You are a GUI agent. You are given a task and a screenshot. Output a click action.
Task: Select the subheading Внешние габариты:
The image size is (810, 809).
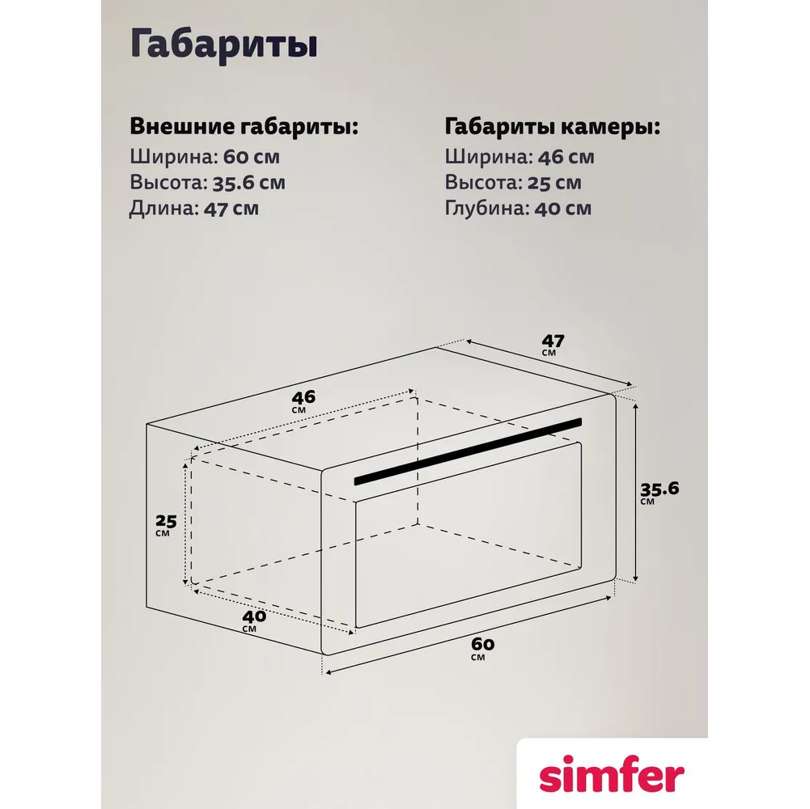(x=244, y=126)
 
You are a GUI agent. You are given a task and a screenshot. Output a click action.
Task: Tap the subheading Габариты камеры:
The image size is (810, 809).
(x=553, y=127)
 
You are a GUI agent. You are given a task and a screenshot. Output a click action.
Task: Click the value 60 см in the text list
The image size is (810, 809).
(x=251, y=156)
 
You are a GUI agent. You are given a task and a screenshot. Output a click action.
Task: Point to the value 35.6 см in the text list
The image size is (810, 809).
(x=248, y=182)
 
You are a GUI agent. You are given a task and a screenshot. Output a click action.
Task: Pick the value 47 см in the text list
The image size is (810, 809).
(x=231, y=208)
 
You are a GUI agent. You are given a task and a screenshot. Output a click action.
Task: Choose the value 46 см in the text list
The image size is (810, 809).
(x=566, y=156)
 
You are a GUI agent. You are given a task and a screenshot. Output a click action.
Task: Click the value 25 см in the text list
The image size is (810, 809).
(x=554, y=182)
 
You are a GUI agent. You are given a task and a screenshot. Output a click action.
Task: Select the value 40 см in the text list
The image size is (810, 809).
(x=562, y=208)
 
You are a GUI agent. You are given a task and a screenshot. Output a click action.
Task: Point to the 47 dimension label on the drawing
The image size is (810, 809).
(x=552, y=345)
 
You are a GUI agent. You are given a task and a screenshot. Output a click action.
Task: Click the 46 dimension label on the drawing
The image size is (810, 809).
(x=303, y=401)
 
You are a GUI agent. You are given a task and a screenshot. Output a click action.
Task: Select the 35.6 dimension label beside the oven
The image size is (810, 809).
(x=659, y=493)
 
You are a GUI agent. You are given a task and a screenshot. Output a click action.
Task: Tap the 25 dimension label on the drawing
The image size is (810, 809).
(x=166, y=524)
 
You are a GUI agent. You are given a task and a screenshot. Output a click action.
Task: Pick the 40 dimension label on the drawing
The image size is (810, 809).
(x=253, y=620)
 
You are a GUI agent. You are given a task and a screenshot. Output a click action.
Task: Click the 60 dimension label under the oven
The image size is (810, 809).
(x=482, y=648)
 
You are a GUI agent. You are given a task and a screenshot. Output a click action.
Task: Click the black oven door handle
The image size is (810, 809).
(x=468, y=451)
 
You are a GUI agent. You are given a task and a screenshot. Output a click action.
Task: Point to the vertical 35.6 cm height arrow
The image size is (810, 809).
(x=636, y=493)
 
